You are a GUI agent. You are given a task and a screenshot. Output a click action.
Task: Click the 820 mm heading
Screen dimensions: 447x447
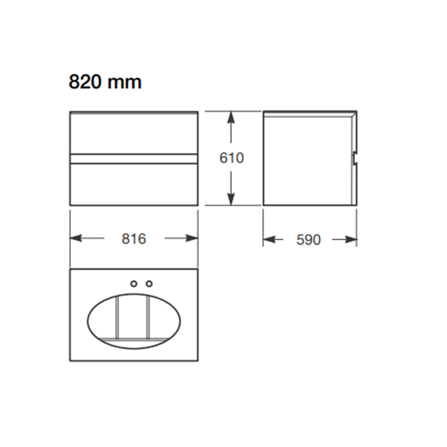(x=105, y=82)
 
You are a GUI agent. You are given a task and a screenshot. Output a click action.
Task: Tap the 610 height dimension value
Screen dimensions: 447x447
(x=231, y=158)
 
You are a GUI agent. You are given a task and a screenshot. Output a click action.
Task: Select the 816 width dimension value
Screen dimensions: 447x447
(x=133, y=239)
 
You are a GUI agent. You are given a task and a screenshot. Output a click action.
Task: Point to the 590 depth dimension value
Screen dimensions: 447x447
(x=308, y=239)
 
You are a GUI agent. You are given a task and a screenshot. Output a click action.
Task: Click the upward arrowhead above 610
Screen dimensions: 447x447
(x=231, y=117)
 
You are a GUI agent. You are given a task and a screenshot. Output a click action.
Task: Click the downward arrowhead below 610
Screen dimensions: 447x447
(x=231, y=199)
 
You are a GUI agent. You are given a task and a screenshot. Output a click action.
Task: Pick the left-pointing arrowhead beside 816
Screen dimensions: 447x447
(x=76, y=238)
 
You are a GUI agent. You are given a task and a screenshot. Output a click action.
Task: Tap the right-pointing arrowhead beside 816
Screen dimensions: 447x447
(x=192, y=238)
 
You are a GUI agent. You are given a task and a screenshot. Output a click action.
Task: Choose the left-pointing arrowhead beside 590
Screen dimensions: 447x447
(x=269, y=239)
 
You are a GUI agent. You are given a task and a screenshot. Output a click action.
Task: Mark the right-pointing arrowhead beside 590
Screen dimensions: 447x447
(x=351, y=239)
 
